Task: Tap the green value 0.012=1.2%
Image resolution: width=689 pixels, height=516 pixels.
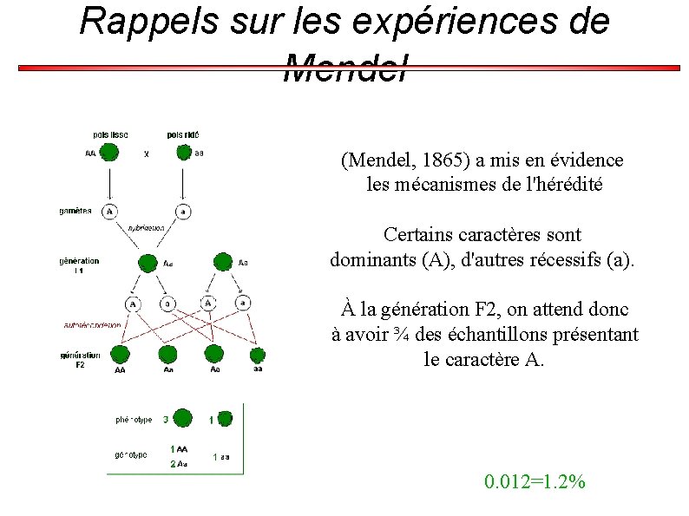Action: (x=535, y=482)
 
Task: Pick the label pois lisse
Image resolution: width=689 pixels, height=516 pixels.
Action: (x=112, y=134)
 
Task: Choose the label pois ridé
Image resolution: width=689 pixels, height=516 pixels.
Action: (x=183, y=134)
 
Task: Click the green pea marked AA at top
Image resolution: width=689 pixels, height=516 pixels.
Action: (x=108, y=153)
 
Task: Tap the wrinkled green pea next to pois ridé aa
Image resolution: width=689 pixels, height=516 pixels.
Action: (x=183, y=153)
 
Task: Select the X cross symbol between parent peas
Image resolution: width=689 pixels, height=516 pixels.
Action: (x=146, y=154)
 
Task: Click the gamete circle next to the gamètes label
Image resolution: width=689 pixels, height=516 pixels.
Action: (x=110, y=211)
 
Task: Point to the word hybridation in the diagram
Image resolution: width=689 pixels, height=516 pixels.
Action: (x=146, y=227)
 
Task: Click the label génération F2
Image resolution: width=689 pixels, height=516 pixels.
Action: (x=80, y=359)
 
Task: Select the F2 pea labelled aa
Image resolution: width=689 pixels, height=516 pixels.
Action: (x=258, y=355)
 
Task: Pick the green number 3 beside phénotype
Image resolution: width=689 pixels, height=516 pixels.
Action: (x=165, y=420)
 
